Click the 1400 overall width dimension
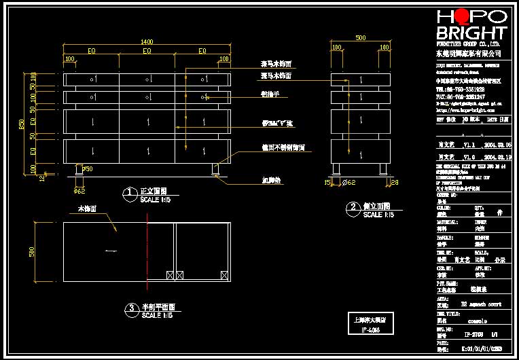pos(147,42)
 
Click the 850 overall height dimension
pos(22,124)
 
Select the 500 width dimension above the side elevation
pos(360,39)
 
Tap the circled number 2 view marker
pos(352,207)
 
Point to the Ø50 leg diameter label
pos(88,168)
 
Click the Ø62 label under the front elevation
pos(79,191)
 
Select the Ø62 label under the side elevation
pos(348,182)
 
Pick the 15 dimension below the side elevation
pos(327,182)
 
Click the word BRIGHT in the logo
pos(471,33)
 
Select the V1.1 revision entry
pos(469,145)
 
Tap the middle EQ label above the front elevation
pos(147,51)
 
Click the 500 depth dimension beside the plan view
pos(31,251)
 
